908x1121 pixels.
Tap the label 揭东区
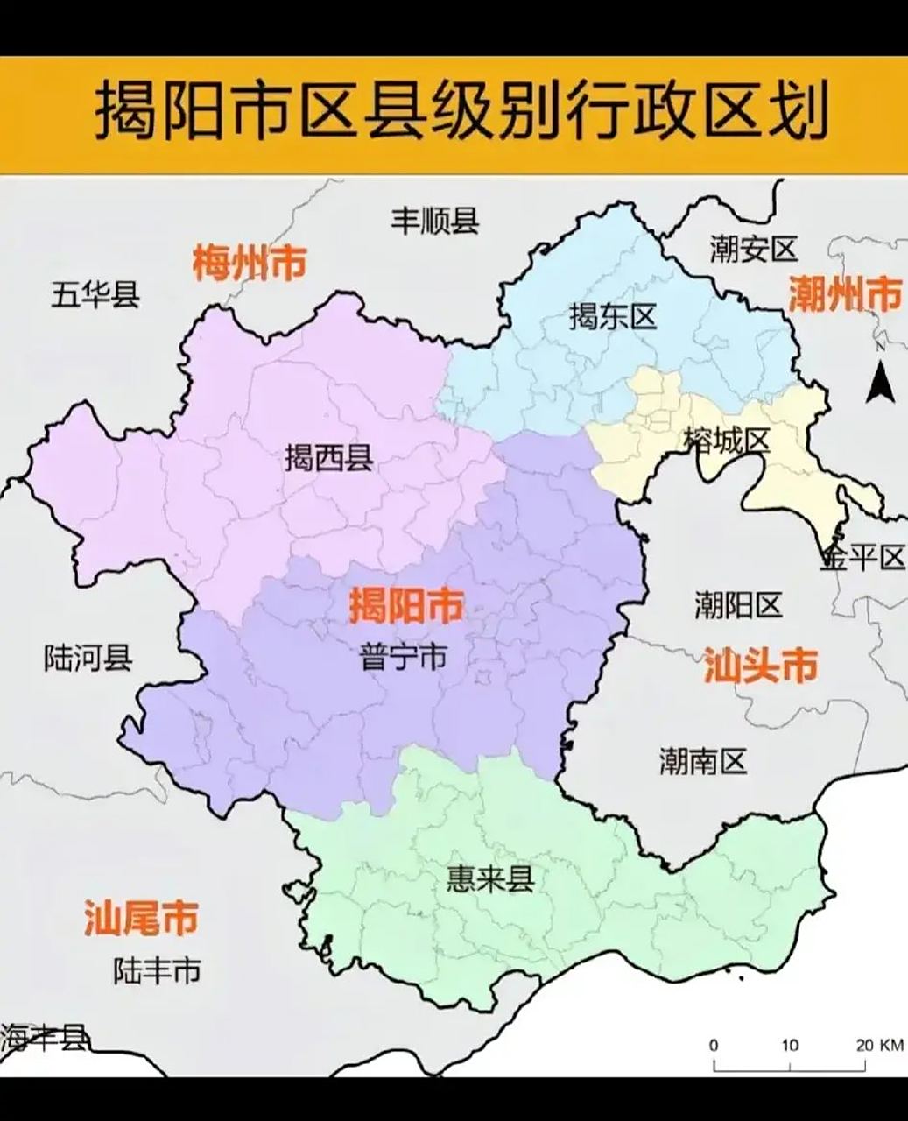[612, 316]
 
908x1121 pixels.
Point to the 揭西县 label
[328, 457]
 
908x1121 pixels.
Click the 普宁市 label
[403, 657]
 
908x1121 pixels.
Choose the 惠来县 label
[489, 878]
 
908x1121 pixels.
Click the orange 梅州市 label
[250, 262]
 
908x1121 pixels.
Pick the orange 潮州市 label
[844, 293]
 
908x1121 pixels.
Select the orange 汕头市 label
[760, 666]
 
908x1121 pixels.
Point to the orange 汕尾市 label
[140, 918]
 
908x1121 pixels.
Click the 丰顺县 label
[434, 220]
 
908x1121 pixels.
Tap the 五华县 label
[95, 294]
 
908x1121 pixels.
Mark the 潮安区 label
[753, 250]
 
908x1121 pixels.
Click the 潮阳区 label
[737, 604]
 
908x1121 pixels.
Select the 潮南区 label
[702, 762]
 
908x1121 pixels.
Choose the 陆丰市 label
[157, 969]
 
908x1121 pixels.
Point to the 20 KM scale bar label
[878, 1045]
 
